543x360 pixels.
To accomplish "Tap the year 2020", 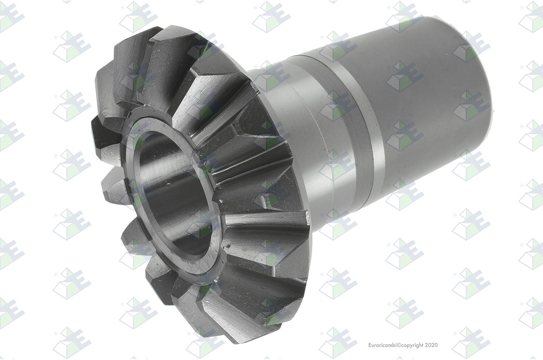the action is point(431,345).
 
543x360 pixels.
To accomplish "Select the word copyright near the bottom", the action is point(412,346).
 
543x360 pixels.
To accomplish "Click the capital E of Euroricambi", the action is point(370,345).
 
